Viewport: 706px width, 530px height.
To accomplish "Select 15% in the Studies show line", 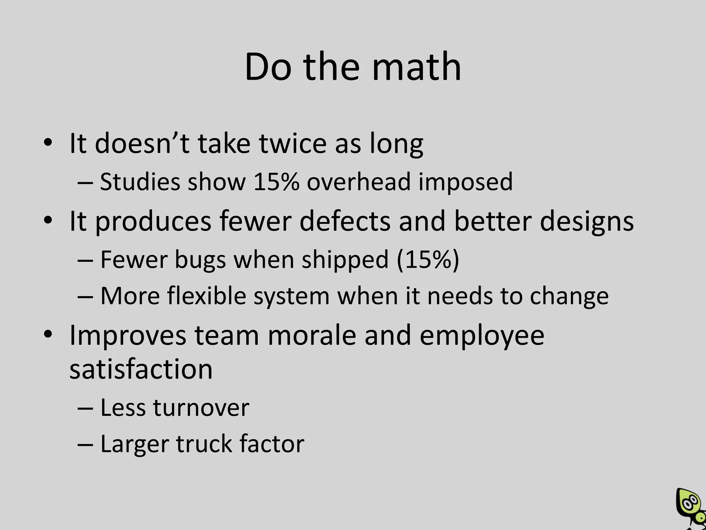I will coord(276,181).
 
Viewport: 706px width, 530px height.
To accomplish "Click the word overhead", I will coord(359,181).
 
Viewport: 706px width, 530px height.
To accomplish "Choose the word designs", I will coord(587,222).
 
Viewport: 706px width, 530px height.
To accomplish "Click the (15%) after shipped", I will coord(428,259).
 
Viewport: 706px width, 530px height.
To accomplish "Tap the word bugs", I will coord(200,260).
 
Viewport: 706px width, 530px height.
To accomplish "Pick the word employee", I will coord(482,336).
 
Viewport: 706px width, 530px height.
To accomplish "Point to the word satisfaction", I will coord(141,369).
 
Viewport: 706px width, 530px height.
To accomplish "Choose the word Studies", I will coord(140,181).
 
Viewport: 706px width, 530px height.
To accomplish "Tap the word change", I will coord(569,296).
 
